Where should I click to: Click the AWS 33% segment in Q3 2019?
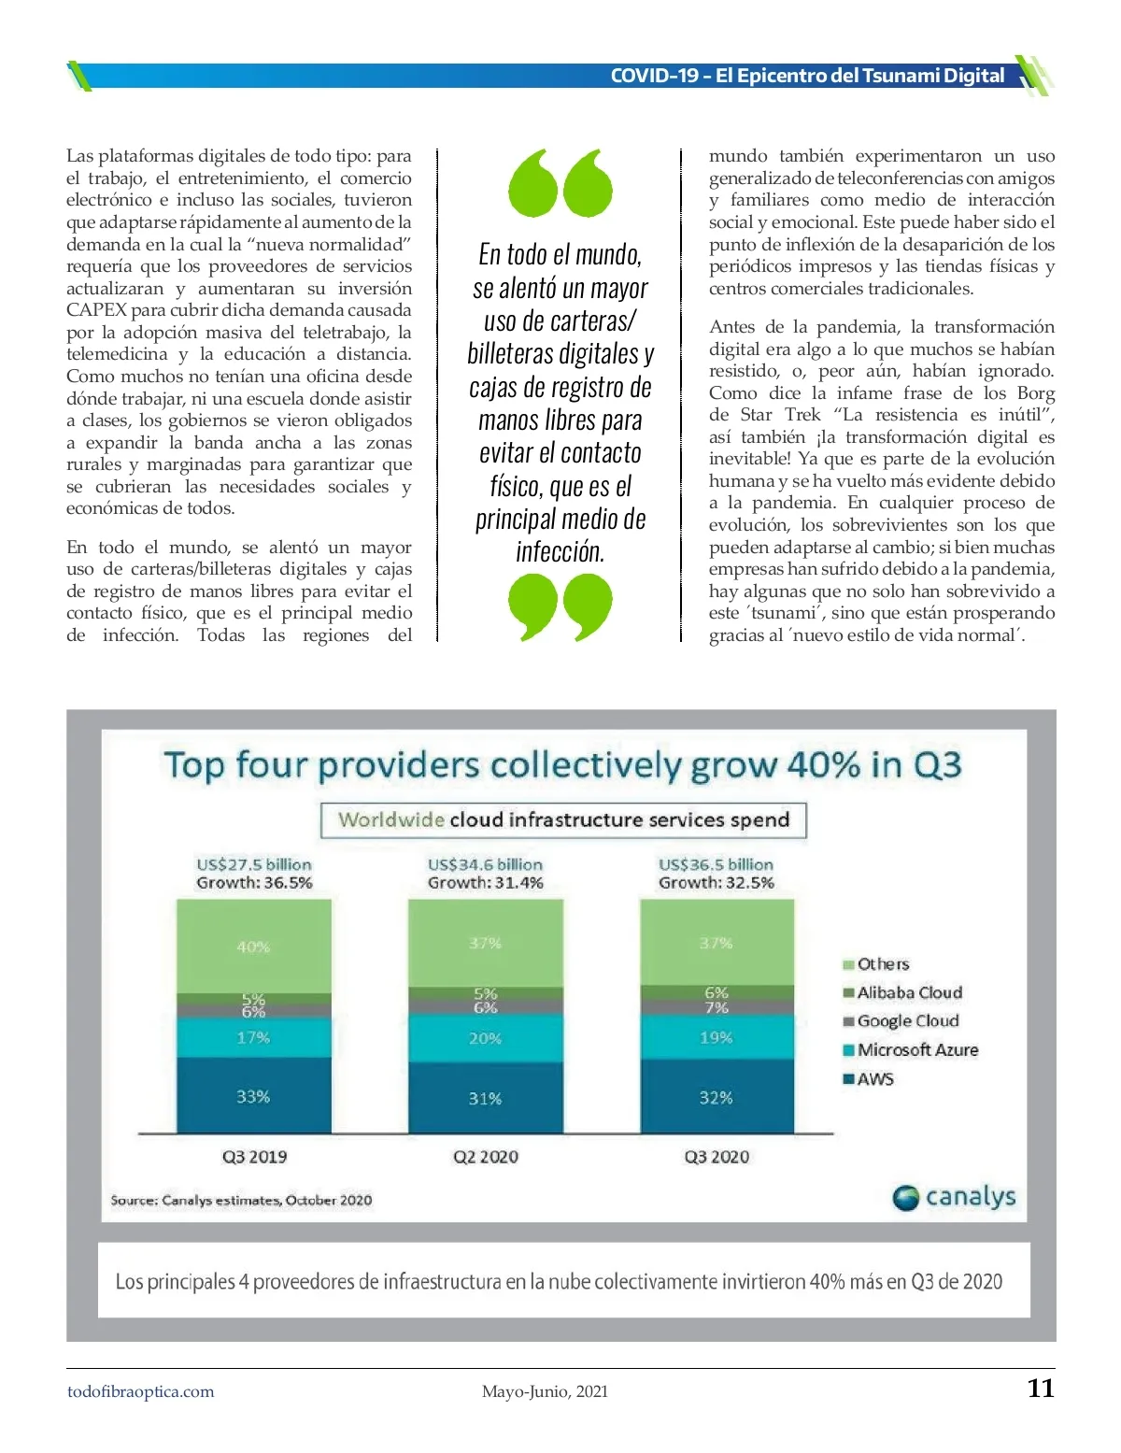point(253,1096)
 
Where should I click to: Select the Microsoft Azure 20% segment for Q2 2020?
point(485,1038)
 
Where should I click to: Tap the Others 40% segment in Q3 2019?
point(253,946)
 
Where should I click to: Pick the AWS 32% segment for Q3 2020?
point(717,1097)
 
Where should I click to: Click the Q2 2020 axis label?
point(485,1157)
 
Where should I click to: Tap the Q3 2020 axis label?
point(717,1157)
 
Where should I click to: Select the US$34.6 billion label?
point(485,864)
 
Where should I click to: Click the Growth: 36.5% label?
point(254,883)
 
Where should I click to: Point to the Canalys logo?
point(954,1197)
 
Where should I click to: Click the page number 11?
point(1041,1389)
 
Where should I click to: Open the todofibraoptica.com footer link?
point(140,1391)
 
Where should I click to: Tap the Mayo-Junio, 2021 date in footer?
point(545,1391)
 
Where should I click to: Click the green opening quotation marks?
point(560,183)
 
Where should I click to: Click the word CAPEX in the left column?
point(96,310)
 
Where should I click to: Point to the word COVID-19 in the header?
point(654,76)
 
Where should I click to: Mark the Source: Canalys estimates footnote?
point(241,1201)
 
